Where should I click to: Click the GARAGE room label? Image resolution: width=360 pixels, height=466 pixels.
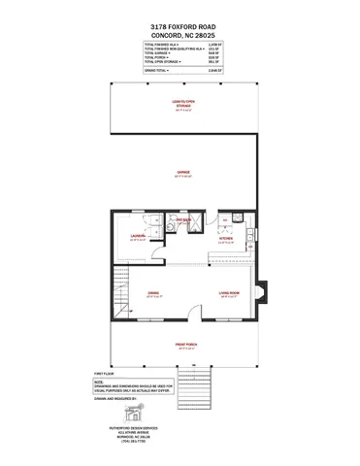[x=182, y=173]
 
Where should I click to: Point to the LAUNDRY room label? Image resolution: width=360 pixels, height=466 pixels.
[x=137, y=236]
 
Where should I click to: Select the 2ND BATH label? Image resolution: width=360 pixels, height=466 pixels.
[x=180, y=220]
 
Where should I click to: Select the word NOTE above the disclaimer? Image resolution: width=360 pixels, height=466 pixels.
[x=99, y=382]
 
